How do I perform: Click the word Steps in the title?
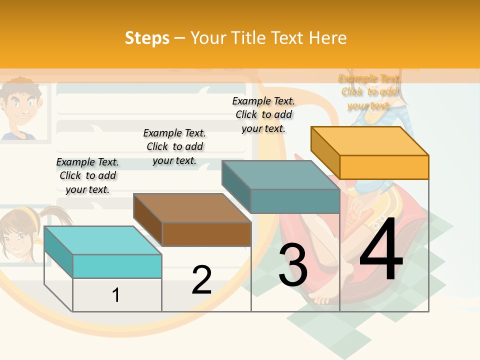[x=147, y=38]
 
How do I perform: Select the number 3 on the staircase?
[x=293, y=265]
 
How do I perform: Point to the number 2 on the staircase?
[x=201, y=280]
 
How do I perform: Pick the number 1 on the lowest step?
[x=116, y=295]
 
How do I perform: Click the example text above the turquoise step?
[x=87, y=175]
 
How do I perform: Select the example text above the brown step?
[x=174, y=146]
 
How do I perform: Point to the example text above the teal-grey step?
[x=263, y=114]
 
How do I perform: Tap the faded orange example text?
[x=369, y=92]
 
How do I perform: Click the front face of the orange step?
[x=384, y=167]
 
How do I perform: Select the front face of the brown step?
[x=206, y=234]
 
